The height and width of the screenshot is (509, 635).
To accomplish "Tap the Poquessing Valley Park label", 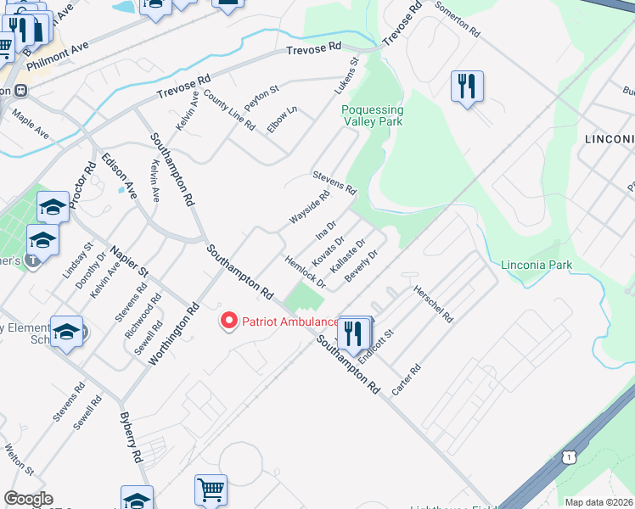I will (x=372, y=115).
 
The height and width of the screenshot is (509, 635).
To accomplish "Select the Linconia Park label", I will (x=537, y=265).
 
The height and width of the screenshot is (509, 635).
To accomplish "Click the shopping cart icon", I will (x=211, y=489).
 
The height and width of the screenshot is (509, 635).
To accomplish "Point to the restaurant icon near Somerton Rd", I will (x=467, y=87).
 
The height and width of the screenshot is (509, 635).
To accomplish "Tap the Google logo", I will (x=28, y=499).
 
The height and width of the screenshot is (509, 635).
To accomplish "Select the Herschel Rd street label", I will (x=433, y=304).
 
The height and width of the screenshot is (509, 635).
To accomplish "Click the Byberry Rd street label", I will (x=132, y=438).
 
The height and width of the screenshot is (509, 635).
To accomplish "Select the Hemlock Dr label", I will (x=306, y=274).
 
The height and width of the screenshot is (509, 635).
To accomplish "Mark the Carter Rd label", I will (x=407, y=381).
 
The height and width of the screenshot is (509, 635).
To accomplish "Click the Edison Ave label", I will (x=119, y=174).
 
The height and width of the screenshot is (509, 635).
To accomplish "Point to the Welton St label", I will (x=19, y=459).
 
